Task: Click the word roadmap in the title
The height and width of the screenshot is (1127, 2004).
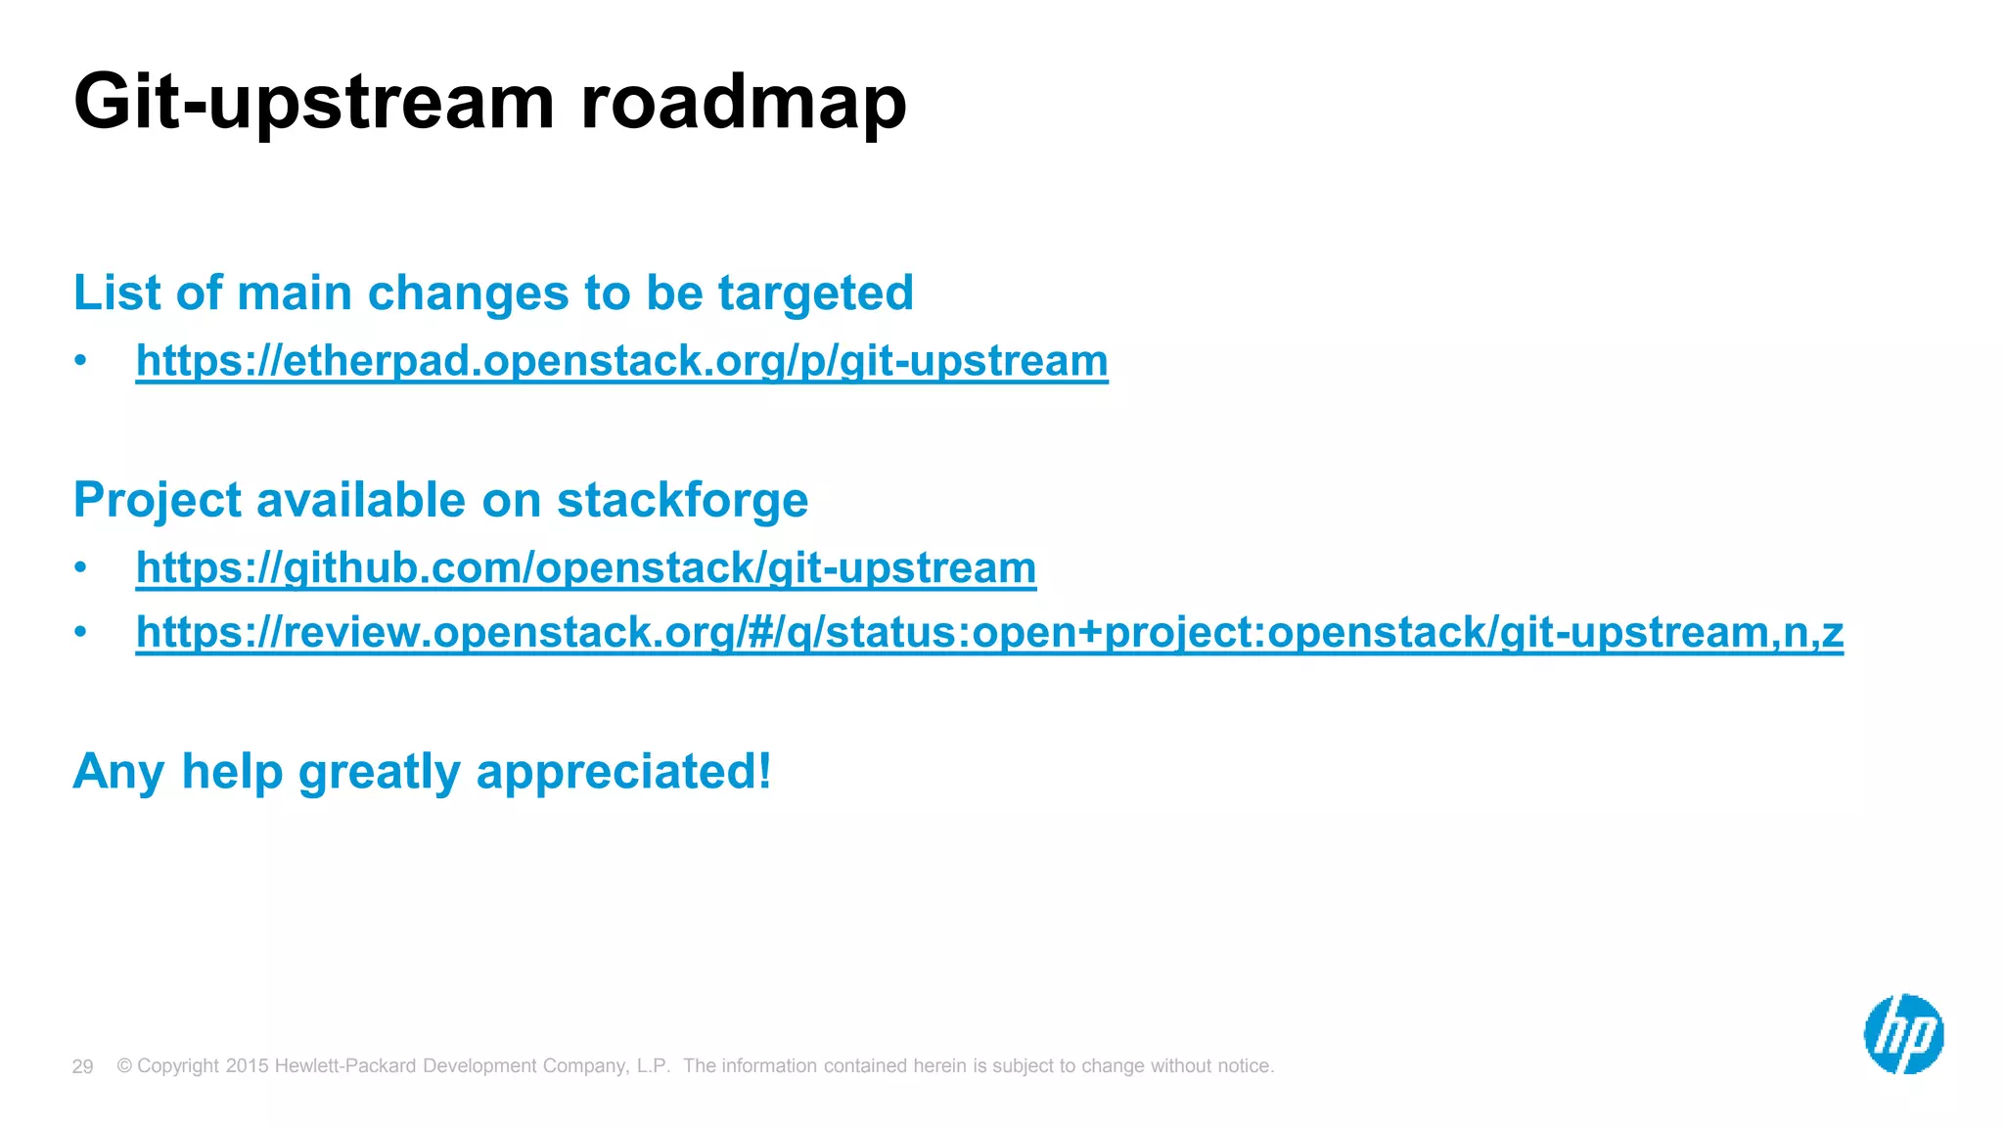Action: [x=744, y=103]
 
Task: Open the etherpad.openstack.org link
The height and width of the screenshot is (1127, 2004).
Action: [x=621, y=361]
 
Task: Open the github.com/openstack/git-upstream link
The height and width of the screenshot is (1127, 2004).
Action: [x=585, y=568]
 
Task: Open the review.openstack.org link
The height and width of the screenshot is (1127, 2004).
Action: [x=988, y=632]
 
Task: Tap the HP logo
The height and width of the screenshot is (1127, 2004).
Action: [x=1903, y=1034]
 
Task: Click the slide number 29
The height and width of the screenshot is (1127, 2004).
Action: [x=82, y=1066]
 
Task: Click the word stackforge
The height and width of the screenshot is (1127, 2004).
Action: [x=682, y=500]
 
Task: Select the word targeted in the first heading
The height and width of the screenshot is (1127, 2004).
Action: [x=815, y=293]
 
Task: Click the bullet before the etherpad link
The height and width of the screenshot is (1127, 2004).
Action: [x=80, y=361]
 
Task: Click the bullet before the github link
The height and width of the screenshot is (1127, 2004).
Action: [x=80, y=568]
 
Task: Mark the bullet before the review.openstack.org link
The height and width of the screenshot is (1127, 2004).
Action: [x=80, y=632]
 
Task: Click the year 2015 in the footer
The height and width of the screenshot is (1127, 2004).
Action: [x=247, y=1065]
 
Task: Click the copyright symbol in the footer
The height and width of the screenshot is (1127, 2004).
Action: [x=124, y=1065]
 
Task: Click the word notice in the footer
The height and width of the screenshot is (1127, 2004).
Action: [x=1243, y=1065]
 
